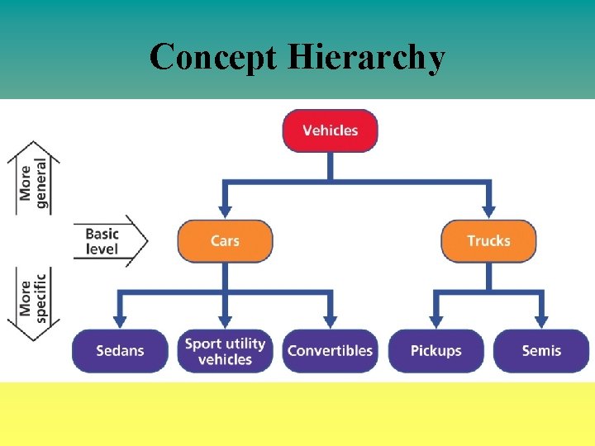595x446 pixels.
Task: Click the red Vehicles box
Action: click(x=330, y=130)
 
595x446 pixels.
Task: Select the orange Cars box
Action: click(x=225, y=241)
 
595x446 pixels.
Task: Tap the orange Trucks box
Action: click(x=488, y=241)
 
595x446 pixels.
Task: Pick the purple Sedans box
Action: click(x=120, y=351)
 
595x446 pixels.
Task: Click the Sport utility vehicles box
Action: click(x=225, y=351)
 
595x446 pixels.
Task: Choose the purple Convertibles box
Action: click(x=330, y=351)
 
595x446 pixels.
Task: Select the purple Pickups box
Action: click(x=436, y=351)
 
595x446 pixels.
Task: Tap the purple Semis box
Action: click(x=541, y=351)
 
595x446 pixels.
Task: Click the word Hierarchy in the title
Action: click(x=368, y=58)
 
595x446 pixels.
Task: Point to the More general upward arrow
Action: click(x=34, y=178)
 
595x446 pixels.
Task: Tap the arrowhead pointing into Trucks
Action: click(x=488, y=211)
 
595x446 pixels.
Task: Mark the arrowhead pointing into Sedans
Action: click(x=120, y=320)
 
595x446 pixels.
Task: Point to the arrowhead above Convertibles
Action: click(x=330, y=320)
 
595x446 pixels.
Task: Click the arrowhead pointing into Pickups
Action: click(x=436, y=320)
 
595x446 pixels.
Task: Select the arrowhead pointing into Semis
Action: click(x=541, y=320)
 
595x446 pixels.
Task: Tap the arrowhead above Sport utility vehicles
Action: click(x=225, y=320)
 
